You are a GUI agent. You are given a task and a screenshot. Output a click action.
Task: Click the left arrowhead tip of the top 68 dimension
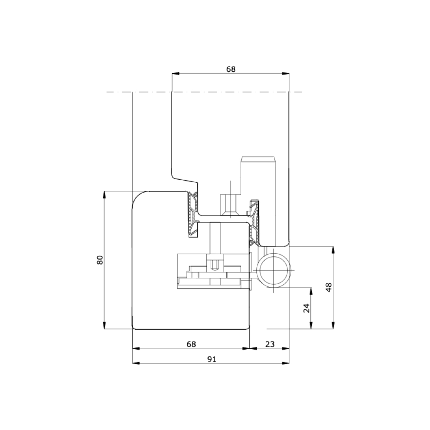pyautogui.click(x=172, y=74)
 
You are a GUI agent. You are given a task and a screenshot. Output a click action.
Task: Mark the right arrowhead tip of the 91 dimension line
pyautogui.click(x=289, y=363)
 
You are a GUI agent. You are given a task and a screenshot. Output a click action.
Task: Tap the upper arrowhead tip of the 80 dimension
pyautogui.click(x=104, y=191)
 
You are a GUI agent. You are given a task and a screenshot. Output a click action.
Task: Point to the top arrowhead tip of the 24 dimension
pyautogui.click(x=311, y=288)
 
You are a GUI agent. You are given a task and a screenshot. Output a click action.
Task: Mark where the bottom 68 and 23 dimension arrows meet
pyautogui.click(x=249, y=348)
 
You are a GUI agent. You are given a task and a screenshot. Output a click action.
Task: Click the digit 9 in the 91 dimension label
pyautogui.click(x=209, y=359)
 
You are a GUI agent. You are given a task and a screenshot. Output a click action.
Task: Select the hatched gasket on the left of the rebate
pyautogui.click(x=193, y=215)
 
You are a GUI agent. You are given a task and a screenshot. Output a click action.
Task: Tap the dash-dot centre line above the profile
pyautogui.click(x=204, y=92)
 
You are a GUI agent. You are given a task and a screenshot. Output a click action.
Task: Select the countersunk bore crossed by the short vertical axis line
pyautogui.click(x=231, y=206)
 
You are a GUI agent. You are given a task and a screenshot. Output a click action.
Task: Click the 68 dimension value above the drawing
pyautogui.click(x=231, y=69)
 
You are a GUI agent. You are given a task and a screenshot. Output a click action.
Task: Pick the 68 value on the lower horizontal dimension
pyautogui.click(x=191, y=344)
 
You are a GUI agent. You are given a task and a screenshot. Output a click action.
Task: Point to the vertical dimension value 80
pyautogui.click(x=100, y=260)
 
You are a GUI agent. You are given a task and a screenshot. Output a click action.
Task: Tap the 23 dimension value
pyautogui.click(x=270, y=344)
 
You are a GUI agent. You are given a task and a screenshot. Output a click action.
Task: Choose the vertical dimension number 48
pyautogui.click(x=329, y=287)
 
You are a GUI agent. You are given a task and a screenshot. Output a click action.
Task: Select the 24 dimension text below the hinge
pyautogui.click(x=307, y=308)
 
